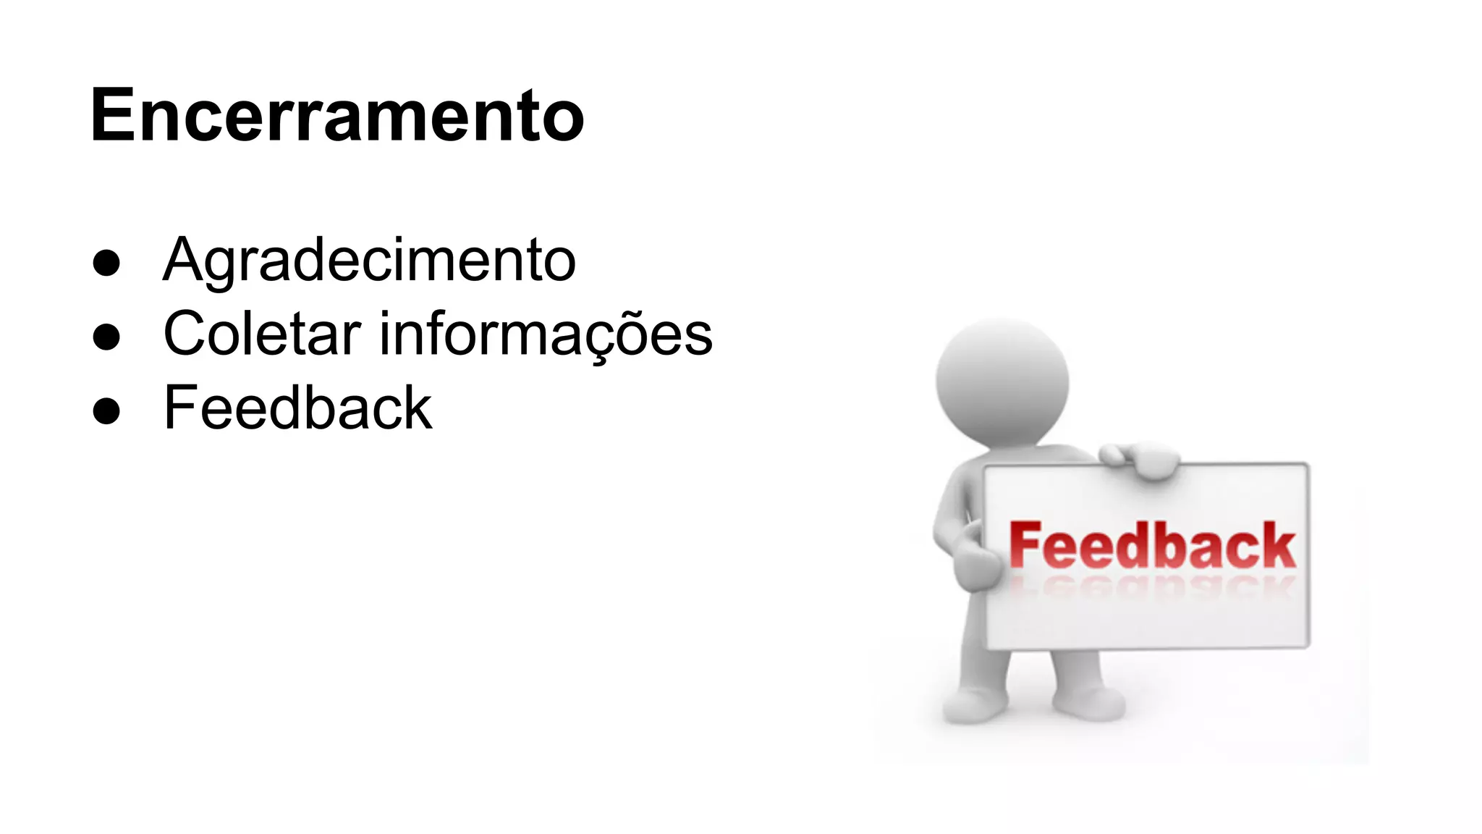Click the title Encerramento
[337, 116]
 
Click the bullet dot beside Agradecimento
[106, 263]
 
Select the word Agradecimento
[369, 260]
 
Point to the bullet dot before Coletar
[106, 337]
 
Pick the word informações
[546, 334]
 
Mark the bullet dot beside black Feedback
[106, 410]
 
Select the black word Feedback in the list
[298, 408]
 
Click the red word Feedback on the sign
[1152, 546]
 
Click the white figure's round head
[1002, 380]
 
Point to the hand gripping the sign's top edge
[1143, 460]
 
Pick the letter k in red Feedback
[1277, 546]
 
